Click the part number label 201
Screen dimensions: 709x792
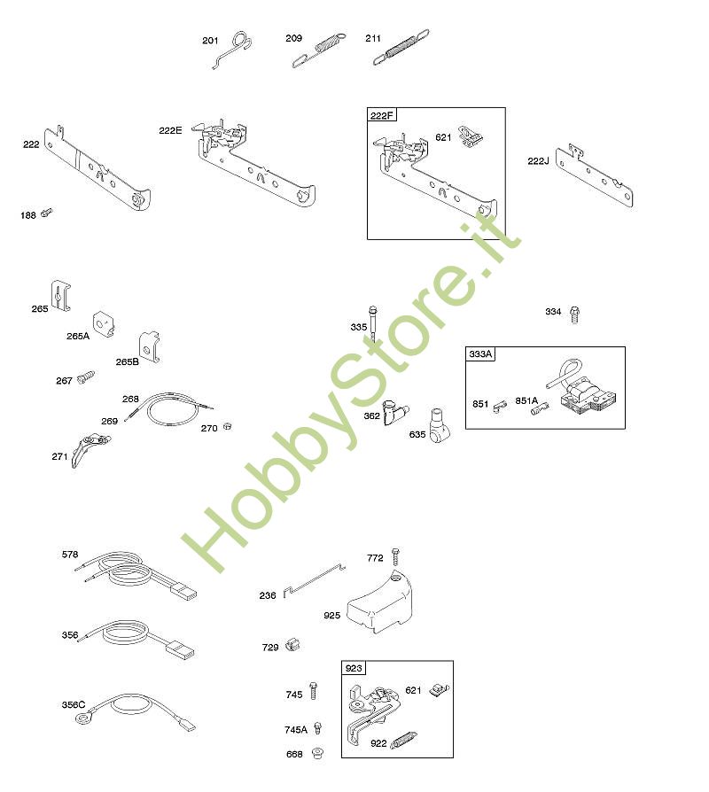click(x=210, y=41)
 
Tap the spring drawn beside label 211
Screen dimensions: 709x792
click(x=401, y=47)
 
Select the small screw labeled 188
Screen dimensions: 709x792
click(x=46, y=212)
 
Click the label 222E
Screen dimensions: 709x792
click(x=170, y=130)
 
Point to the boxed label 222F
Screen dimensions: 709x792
click(x=382, y=116)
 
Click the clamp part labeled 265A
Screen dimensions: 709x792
click(x=104, y=324)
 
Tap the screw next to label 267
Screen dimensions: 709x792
click(x=86, y=377)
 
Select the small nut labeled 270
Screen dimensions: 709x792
click(x=228, y=426)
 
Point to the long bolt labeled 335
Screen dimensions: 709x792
click(x=373, y=323)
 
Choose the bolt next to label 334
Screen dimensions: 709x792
click(x=574, y=314)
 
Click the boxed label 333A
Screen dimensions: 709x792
click(x=480, y=354)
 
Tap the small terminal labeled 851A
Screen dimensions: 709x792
click(x=541, y=408)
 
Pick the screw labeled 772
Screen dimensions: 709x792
click(x=395, y=556)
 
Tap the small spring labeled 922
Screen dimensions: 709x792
click(x=404, y=740)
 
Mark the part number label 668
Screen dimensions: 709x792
click(x=294, y=754)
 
